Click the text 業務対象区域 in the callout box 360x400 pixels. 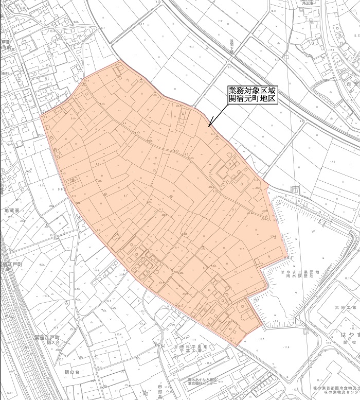point(252,90)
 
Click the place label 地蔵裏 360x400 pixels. point(11,211)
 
